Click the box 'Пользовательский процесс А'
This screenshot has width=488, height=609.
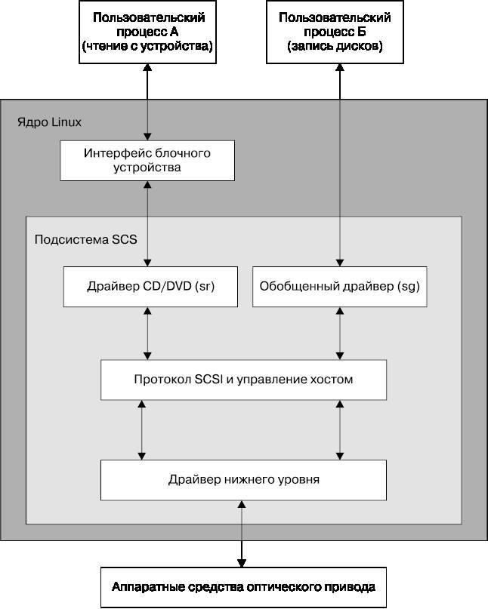click(x=147, y=32)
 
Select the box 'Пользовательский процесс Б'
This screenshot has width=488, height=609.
click(x=339, y=32)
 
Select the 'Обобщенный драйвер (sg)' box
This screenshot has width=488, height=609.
click(x=339, y=287)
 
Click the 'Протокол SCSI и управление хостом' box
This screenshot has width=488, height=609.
click(x=244, y=380)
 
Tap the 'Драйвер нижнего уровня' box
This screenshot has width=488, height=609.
click(x=244, y=479)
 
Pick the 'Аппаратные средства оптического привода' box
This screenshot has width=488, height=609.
click(x=242, y=587)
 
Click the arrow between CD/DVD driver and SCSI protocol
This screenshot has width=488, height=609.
click(x=147, y=333)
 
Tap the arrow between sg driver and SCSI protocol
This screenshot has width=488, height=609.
click(x=339, y=333)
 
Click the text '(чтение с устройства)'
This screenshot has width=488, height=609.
click(x=147, y=47)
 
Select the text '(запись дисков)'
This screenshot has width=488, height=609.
click(x=339, y=47)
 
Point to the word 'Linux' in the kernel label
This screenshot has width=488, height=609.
click(x=66, y=121)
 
